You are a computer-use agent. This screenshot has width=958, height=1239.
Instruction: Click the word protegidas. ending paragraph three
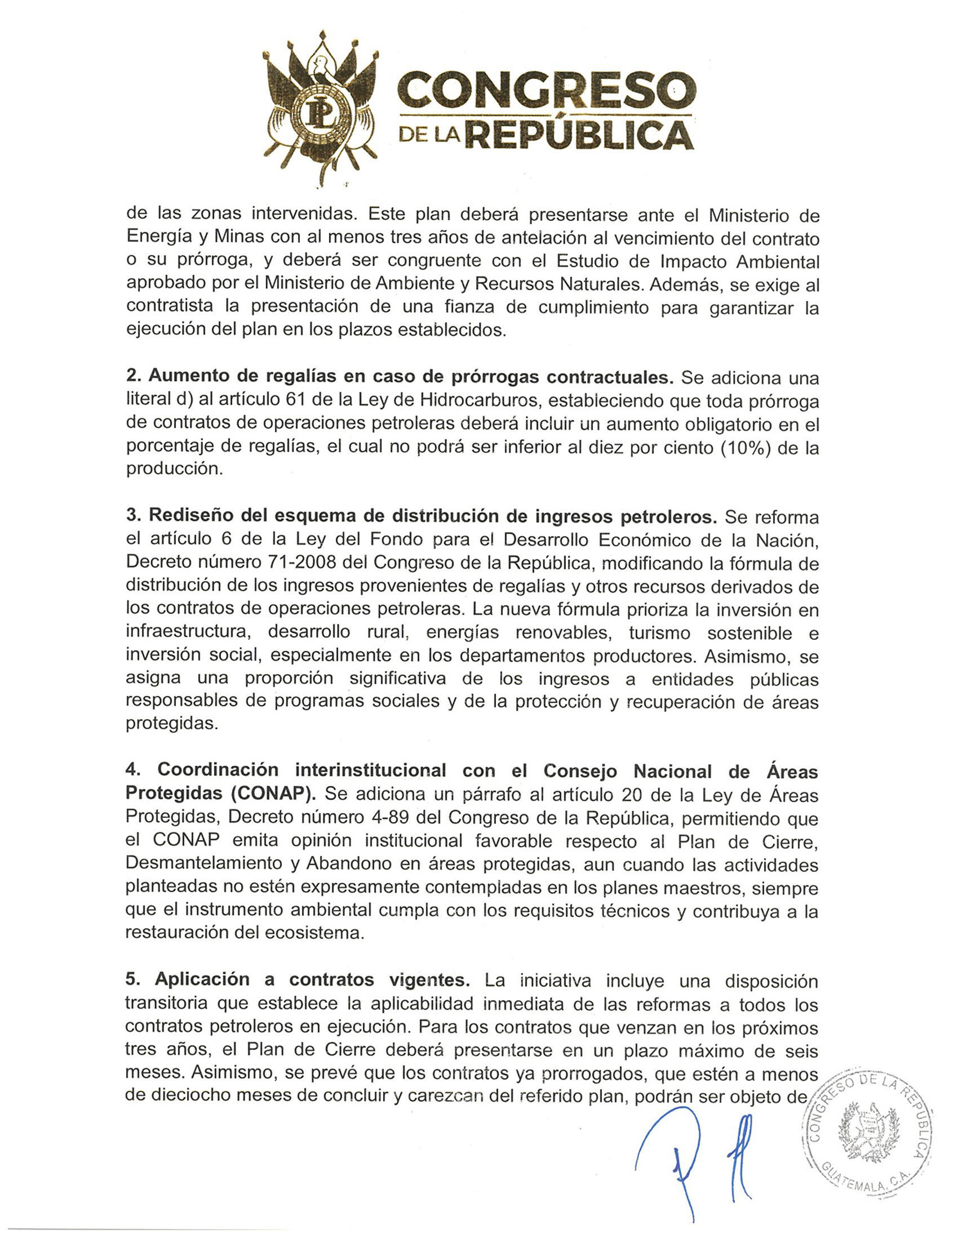(172, 724)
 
